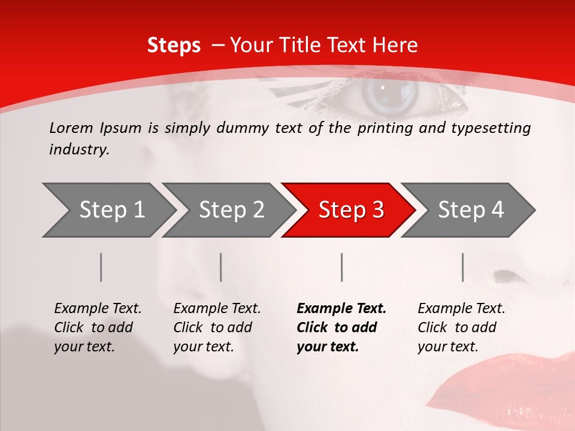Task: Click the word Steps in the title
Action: point(174,45)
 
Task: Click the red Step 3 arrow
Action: point(350,210)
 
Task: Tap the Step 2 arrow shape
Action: point(231,210)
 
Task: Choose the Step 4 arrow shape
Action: point(470,210)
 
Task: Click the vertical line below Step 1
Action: point(101,267)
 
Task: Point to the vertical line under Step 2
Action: point(221,267)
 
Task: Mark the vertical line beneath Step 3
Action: point(342,267)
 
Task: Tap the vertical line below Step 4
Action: point(463,267)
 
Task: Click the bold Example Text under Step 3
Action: point(341,327)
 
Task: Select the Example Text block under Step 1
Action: point(98,327)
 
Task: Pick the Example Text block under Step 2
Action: point(217,327)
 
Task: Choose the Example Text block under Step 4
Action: point(461,327)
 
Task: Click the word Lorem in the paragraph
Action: point(71,128)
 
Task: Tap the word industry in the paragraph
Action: point(78,150)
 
